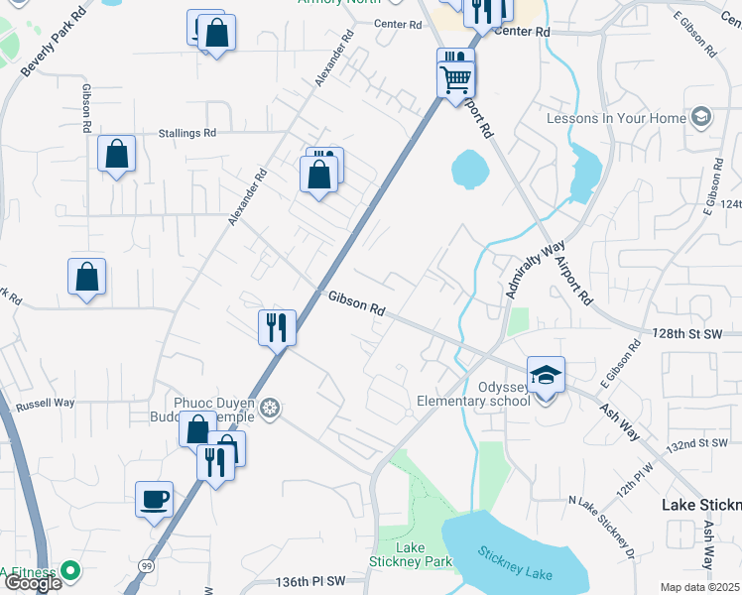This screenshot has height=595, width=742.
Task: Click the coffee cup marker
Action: [155, 500]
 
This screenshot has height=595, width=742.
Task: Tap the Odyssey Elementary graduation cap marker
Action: [546, 376]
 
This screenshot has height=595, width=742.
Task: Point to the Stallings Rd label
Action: [187, 133]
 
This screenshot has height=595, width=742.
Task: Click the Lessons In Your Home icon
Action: [701, 118]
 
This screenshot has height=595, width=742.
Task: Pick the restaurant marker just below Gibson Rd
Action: [277, 326]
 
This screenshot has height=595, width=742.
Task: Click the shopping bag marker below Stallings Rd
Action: [117, 156]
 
